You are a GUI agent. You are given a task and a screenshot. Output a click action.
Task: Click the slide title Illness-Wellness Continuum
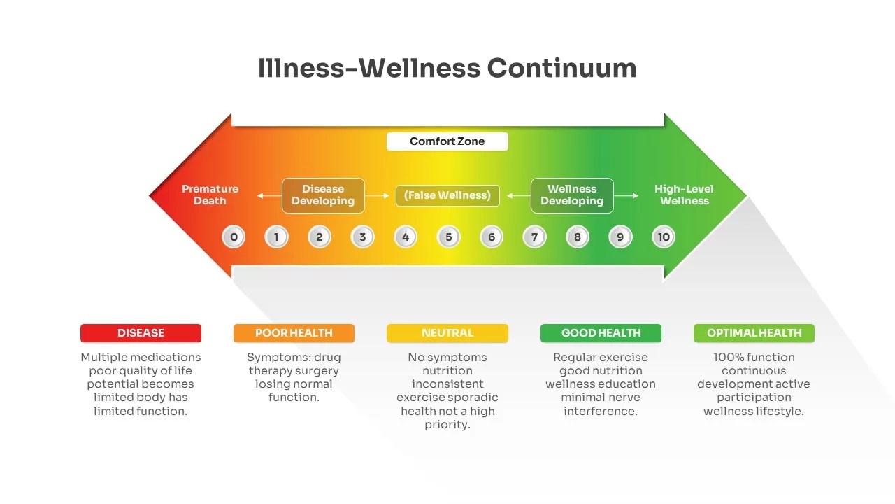pos(447,69)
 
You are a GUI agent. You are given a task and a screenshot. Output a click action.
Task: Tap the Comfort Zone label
pos(447,141)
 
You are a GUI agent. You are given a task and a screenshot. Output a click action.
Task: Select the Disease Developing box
pos(323,195)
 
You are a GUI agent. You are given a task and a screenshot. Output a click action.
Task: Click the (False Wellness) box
pos(447,195)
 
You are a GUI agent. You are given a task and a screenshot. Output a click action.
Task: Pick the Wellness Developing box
pos(572,195)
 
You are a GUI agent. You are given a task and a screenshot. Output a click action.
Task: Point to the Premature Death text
pos(210,195)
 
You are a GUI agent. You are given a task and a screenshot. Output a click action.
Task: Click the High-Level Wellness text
pos(684,195)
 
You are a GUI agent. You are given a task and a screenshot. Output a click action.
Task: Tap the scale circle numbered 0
pos(234,237)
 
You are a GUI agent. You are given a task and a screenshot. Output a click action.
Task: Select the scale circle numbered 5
pos(449,237)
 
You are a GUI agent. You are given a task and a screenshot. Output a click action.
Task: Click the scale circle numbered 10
pos(664,237)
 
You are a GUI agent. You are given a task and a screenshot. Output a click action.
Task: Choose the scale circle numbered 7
pos(534,237)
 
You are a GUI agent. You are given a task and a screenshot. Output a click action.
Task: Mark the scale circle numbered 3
pos(362,237)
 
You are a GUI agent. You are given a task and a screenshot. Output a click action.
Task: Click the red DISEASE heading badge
pos(141,333)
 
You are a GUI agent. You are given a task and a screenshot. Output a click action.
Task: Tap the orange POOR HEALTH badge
pos(294,333)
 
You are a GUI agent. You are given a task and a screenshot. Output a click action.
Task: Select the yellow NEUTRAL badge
pos(447,333)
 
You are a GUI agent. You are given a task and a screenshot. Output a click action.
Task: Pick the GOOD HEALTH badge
pos(601,333)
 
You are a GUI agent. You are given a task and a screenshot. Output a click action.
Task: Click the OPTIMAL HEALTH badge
pos(754,333)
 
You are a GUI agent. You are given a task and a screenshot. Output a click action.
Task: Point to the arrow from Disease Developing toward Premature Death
pos(268,196)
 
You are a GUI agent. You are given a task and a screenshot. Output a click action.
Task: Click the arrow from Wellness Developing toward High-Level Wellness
pos(626,196)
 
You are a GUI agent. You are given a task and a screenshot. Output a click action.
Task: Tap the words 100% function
pos(754,357)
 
